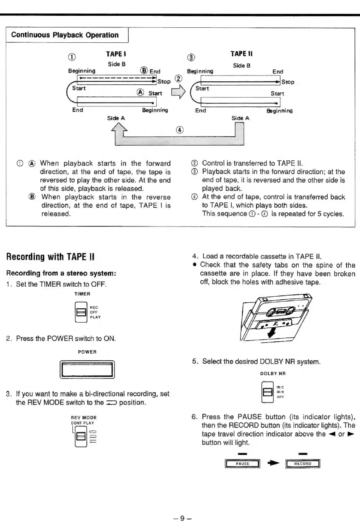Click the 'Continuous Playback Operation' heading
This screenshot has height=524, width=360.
pos(65,35)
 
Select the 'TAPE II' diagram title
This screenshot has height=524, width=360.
pos(241,54)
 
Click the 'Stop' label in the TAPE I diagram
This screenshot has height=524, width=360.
pos(164,82)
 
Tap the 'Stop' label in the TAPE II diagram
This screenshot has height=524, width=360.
pos(288,82)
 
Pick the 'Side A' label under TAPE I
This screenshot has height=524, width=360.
pos(116,118)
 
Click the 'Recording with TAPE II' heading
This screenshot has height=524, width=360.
pos(51,257)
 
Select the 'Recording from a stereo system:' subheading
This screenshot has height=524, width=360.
pos(61,274)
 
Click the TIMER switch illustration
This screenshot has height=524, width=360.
pos(81,312)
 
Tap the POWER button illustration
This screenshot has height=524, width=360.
pos(87,370)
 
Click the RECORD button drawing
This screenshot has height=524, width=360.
pos(303,464)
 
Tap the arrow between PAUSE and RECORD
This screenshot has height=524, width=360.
pos(273,464)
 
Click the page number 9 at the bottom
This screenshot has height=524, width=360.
pos(183,517)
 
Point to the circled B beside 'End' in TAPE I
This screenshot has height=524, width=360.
pos(144,71)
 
